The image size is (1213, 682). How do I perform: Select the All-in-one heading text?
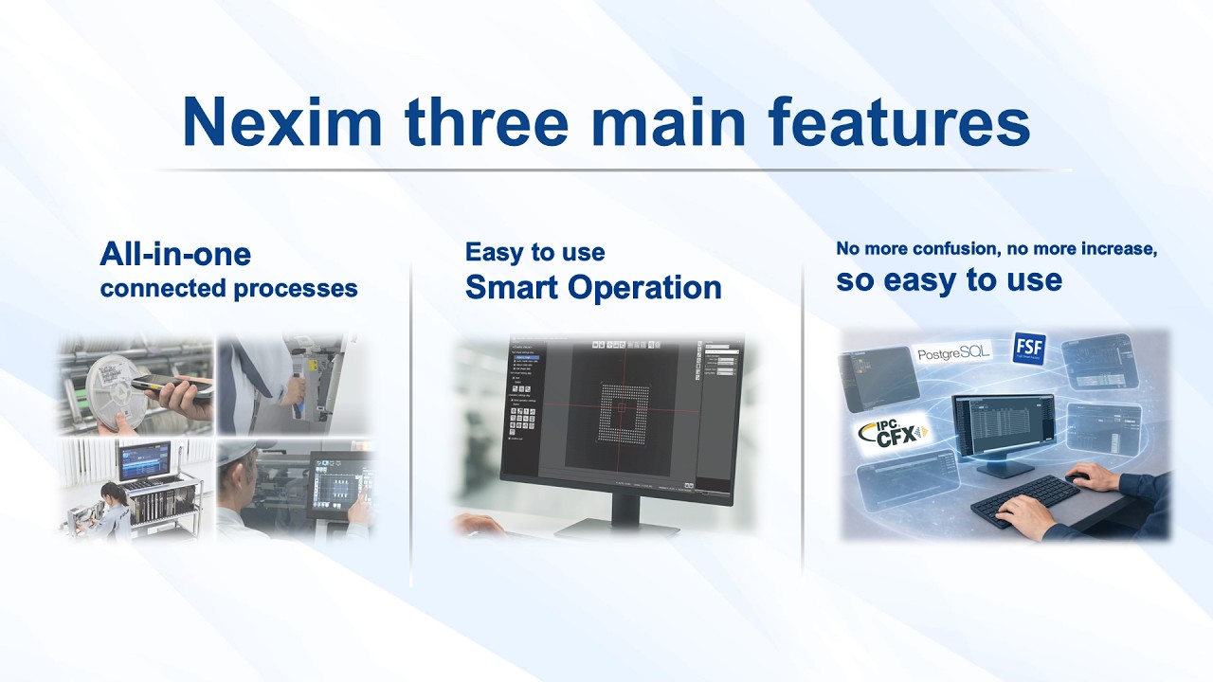point(175,254)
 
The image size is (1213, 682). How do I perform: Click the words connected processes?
point(228,288)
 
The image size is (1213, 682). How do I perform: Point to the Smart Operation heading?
point(593,287)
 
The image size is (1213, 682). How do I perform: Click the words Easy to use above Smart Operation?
point(534,252)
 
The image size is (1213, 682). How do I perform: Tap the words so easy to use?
point(949,280)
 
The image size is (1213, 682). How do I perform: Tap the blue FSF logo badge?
point(1029,349)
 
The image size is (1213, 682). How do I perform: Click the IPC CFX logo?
point(891,432)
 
